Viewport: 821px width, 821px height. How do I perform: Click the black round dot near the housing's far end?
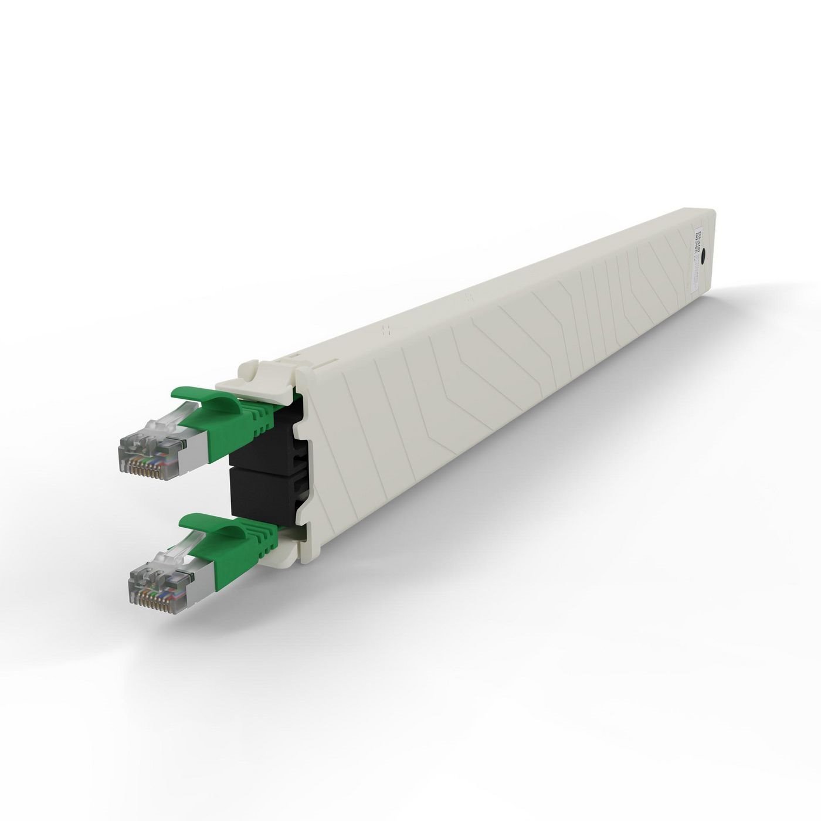point(703,256)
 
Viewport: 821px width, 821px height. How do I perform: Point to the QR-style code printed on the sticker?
point(698,239)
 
